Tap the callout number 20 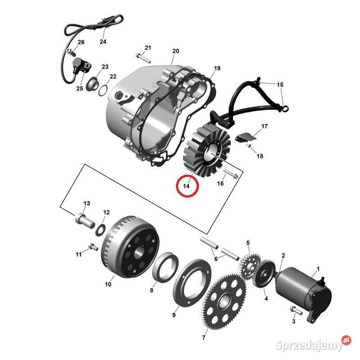point(175,51)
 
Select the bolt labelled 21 point(143,57)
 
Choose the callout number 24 point(103,42)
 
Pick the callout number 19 point(217,68)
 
